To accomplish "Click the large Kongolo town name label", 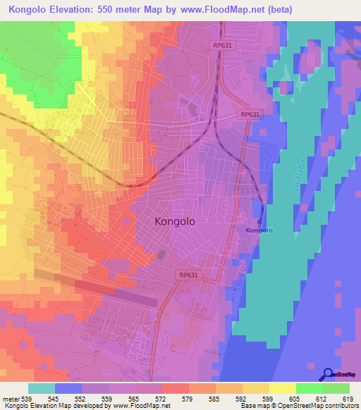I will coord(174,221).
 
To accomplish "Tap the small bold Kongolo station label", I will coord(259,230).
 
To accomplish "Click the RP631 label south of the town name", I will coord(188,275).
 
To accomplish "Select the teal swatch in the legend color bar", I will coord(42,388).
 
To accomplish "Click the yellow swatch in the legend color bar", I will coord(282,388).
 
